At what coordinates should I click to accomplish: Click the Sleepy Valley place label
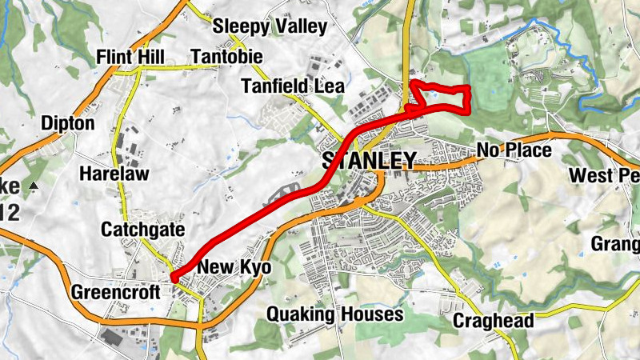pyautogui.click(x=270, y=26)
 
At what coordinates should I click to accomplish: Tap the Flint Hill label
pyautogui.click(x=130, y=57)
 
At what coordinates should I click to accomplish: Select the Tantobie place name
pyautogui.click(x=223, y=57)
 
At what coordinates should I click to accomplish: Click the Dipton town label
pyautogui.click(x=68, y=124)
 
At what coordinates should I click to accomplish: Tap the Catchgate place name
pyautogui.click(x=142, y=230)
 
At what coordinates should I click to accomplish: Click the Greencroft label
pyautogui.click(x=117, y=291)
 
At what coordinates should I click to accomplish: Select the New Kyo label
pyautogui.click(x=234, y=267)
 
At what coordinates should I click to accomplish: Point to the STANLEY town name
pyautogui.click(x=369, y=160)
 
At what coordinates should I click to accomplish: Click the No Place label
pyautogui.click(x=514, y=150)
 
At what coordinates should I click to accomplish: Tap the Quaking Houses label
pyautogui.click(x=334, y=314)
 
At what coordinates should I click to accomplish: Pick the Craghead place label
pyautogui.click(x=493, y=321)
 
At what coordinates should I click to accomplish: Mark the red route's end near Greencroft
pyautogui.click(x=174, y=277)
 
